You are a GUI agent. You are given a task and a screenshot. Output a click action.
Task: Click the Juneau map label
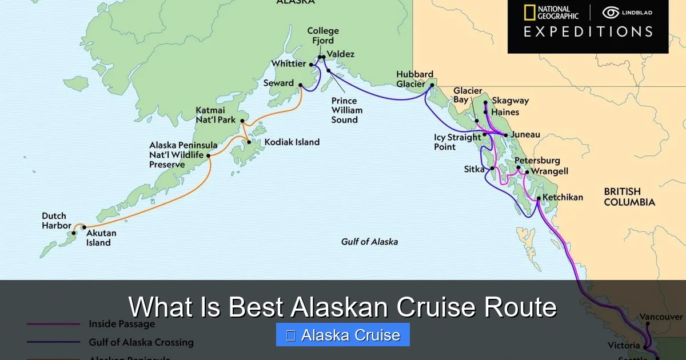pyautogui.click(x=524, y=135)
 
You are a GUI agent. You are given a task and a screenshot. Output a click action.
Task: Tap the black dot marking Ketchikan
pyautogui.click(x=539, y=198)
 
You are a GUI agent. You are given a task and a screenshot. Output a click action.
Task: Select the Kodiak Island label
pyautogui.click(x=292, y=142)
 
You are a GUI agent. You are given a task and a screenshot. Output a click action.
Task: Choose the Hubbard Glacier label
pyautogui.click(x=414, y=79)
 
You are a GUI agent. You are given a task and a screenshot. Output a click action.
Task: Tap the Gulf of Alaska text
pyautogui.click(x=369, y=241)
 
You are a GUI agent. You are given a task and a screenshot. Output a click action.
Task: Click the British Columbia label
pyautogui.click(x=629, y=197)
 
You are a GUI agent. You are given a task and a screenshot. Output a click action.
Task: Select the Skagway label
pyautogui.click(x=510, y=101)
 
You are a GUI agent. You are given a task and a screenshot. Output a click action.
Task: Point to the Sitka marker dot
pyautogui.click(x=492, y=169)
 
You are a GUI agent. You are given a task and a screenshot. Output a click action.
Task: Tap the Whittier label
pyautogui.click(x=289, y=64)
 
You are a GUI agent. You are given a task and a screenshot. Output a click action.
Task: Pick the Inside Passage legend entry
pyautogui.click(x=121, y=324)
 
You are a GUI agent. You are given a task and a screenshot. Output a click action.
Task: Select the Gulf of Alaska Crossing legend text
pyautogui.click(x=141, y=342)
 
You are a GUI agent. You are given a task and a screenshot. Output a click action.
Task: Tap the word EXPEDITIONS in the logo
pyautogui.click(x=588, y=32)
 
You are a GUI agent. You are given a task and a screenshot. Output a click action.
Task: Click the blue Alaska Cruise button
pyautogui.click(x=342, y=335)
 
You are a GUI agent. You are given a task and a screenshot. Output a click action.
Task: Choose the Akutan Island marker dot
pyautogui.click(x=84, y=227)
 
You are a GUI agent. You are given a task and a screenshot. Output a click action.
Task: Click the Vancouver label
pyautogui.click(x=661, y=317)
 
